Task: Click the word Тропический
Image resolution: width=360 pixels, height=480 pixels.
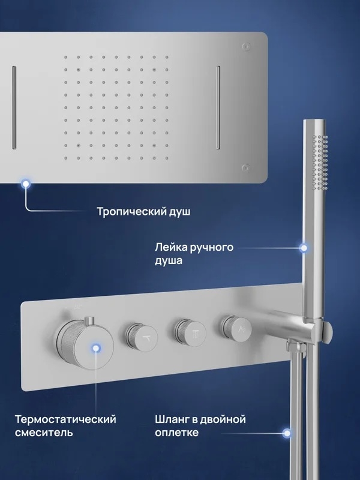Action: point(131,212)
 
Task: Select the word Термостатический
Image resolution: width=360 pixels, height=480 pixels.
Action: point(65,419)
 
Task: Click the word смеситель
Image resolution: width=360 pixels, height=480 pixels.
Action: point(44,433)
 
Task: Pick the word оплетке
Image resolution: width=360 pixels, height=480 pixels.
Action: point(176,433)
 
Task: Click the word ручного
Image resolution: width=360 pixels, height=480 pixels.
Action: point(212,248)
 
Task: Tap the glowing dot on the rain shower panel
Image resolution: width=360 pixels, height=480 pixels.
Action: point(26,184)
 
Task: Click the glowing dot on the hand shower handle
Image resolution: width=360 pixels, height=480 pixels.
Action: point(304,248)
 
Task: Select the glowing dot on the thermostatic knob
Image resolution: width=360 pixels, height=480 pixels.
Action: point(97,348)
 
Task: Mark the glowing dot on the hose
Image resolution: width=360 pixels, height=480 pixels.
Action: point(287,433)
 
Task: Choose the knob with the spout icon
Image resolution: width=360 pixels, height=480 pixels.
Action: point(142,337)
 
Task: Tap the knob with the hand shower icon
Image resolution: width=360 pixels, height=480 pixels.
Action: point(237,329)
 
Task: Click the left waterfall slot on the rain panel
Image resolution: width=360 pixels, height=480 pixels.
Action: point(14,107)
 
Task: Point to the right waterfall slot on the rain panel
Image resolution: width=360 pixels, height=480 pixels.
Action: point(218,107)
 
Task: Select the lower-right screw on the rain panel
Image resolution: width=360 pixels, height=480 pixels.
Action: point(245,167)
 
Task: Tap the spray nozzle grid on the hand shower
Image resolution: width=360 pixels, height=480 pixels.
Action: point(320,161)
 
